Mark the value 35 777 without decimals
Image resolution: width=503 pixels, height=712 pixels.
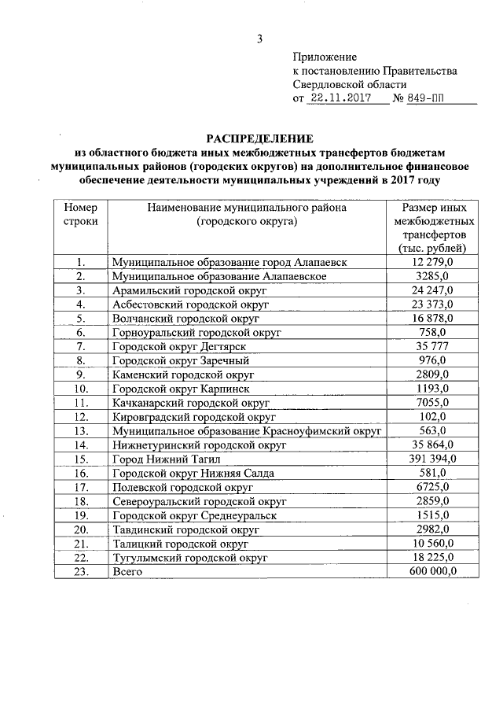[434, 346]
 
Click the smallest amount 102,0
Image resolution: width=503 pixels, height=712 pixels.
[434, 415]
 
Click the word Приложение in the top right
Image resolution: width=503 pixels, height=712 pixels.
[325, 57]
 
